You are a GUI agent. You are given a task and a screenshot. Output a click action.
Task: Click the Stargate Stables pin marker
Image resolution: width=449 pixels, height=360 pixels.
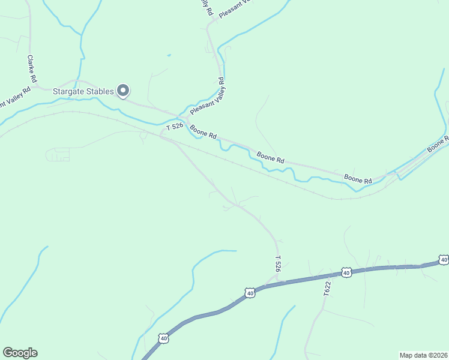coord(123,91)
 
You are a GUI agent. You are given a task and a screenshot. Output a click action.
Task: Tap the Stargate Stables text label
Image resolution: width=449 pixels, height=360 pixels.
coord(83,91)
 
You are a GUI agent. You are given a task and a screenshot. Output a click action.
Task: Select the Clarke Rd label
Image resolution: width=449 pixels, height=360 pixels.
coord(32,69)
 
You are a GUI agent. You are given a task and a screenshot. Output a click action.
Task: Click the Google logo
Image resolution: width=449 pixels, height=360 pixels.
coord(20,353)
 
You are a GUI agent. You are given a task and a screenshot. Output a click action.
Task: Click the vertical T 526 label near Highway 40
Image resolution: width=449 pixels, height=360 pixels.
coord(278,265)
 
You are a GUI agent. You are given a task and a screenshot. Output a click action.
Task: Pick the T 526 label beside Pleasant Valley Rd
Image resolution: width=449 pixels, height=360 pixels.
coord(174,127)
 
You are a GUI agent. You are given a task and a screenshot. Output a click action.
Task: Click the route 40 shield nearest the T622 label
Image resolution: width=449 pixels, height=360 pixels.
coord(346,272)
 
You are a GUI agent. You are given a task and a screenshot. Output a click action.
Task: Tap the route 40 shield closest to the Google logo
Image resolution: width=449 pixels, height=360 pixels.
coord(164,338)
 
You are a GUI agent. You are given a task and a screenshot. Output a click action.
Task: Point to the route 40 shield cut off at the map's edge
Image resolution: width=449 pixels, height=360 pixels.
coord(443,260)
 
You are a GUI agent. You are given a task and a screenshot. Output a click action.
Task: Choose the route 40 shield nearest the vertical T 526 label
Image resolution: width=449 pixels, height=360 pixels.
coord(250,292)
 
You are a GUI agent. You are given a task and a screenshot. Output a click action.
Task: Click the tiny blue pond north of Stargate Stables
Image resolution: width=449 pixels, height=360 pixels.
coord(169,56)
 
